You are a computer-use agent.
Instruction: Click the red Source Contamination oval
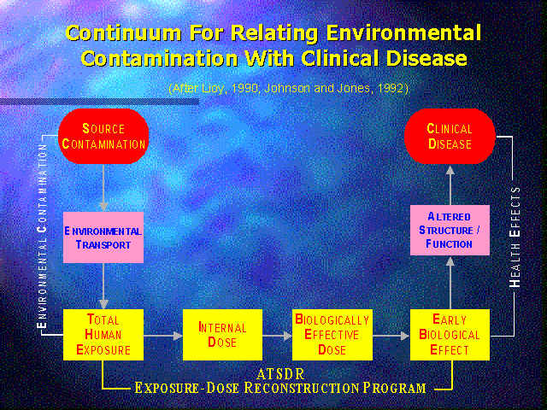103,136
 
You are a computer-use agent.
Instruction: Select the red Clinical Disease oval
450,136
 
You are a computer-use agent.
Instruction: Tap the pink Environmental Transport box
103,237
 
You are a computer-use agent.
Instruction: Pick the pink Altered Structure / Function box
450,230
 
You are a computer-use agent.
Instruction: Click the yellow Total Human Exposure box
103,335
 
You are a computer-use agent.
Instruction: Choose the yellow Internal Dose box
222,335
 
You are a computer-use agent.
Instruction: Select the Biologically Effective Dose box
332,335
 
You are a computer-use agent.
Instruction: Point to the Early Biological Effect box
450,335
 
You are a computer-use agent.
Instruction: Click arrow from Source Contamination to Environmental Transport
103,188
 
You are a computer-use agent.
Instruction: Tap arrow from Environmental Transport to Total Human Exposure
103,286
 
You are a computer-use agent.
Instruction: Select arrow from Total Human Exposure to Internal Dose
163,336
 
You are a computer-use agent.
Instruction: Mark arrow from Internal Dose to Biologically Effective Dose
277,336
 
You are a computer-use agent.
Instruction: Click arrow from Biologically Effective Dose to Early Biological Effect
391,336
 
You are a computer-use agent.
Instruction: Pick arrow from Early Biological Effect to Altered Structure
450,283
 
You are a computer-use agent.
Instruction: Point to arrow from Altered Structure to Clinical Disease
450,185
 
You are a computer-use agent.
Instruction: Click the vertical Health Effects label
515,237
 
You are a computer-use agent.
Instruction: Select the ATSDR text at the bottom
280,374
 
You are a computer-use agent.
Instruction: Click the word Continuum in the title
123,33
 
